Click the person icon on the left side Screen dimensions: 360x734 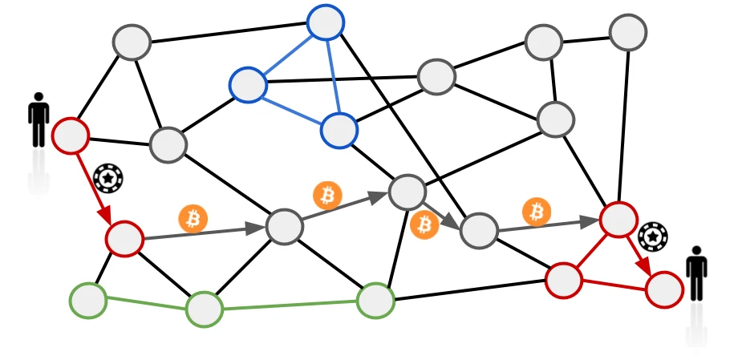point(39,120)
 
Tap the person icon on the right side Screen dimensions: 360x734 point(696,273)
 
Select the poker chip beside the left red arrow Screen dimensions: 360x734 point(107,178)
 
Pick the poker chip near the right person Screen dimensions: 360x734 point(653,237)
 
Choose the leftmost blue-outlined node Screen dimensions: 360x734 point(248,84)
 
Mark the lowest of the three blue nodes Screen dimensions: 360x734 point(339,130)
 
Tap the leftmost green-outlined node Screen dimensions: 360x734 point(87,301)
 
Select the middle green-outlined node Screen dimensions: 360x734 point(204,309)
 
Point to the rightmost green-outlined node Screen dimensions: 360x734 point(375,301)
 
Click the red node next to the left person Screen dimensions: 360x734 point(71,136)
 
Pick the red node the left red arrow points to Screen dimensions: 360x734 point(124,238)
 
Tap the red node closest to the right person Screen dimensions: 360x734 point(664,289)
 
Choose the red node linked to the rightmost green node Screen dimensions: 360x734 point(563,280)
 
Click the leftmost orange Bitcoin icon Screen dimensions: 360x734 point(193,218)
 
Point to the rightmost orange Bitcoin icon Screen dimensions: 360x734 point(537,212)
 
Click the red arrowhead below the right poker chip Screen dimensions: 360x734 point(643,265)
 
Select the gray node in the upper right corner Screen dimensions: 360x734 point(627,32)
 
